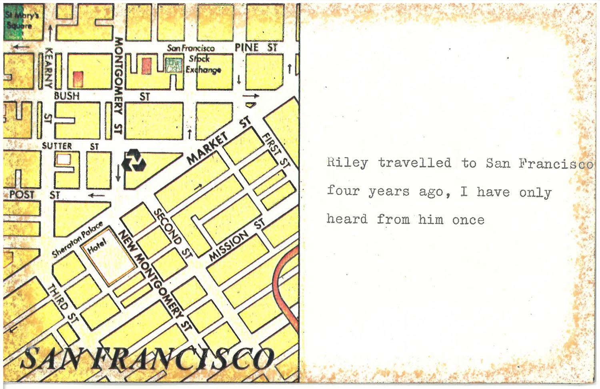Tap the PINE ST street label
(256, 47)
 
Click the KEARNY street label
(48, 68)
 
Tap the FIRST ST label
(276, 150)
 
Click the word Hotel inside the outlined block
(97, 245)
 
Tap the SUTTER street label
(57, 146)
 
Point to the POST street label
(22, 194)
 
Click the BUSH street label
(67, 96)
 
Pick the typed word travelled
(414, 162)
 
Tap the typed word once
(468, 220)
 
